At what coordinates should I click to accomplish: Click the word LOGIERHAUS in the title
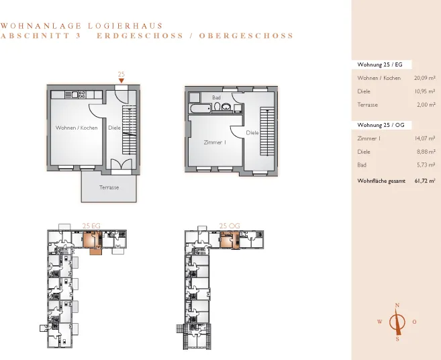click(125, 26)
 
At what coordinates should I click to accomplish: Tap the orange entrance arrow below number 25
click(121, 81)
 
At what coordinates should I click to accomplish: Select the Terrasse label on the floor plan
click(109, 187)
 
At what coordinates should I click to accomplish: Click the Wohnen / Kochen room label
click(77, 128)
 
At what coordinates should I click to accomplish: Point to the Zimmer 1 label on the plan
click(215, 142)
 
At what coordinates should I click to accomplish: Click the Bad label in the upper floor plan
click(216, 97)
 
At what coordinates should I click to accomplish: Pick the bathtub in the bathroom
click(201, 108)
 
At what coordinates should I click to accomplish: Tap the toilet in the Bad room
click(217, 107)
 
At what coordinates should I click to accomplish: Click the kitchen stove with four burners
click(82, 95)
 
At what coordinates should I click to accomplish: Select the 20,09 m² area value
click(424, 78)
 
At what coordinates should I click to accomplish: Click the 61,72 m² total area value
click(425, 181)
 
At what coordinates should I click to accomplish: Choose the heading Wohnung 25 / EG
click(380, 64)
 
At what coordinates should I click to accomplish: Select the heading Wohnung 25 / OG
click(381, 125)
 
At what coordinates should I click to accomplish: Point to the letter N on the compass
click(397, 305)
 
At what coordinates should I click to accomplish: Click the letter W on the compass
click(380, 322)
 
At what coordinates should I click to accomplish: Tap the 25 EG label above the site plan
click(91, 226)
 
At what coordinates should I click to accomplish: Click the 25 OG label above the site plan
click(230, 226)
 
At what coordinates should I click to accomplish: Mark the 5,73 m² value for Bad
click(426, 165)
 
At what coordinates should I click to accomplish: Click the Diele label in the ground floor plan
click(114, 128)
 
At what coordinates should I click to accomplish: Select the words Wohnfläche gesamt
click(381, 181)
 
